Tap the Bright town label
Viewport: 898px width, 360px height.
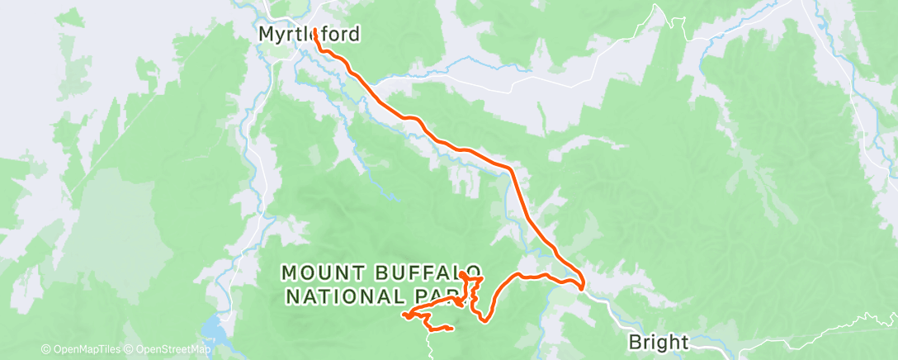(x=658, y=340)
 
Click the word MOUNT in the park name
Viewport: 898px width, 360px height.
(x=318, y=272)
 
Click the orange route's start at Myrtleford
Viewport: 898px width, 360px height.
(x=315, y=31)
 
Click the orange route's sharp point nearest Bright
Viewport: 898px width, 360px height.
(x=583, y=287)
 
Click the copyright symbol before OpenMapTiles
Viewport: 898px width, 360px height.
(x=46, y=349)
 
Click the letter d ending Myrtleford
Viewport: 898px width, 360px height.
(x=356, y=35)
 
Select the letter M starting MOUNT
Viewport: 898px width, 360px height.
(x=288, y=272)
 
